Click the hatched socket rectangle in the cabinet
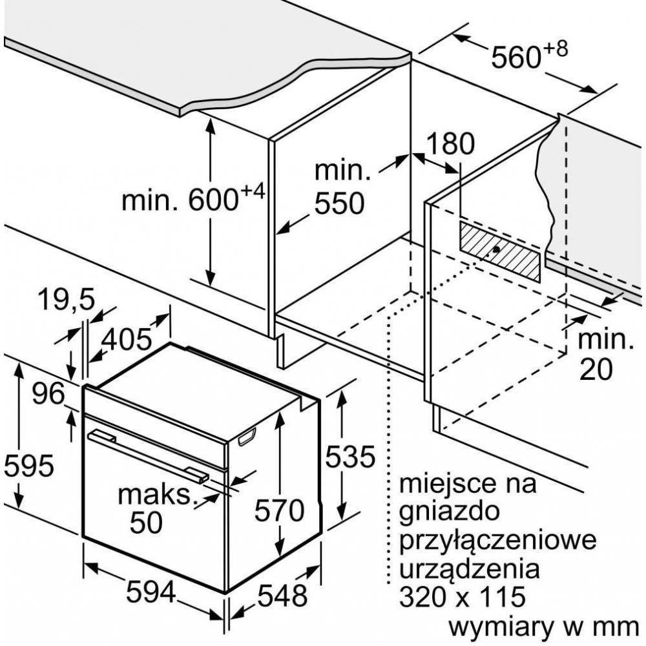pos(500,251)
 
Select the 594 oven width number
pos(151,592)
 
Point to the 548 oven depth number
pos(284,594)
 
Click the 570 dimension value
pos(278,512)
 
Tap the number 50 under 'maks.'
pos(146,523)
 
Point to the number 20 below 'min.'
pos(594,369)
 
